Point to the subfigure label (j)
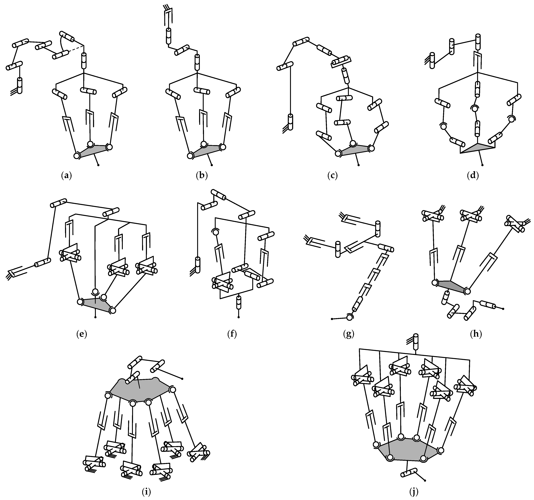[414, 492]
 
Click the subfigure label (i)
[146, 492]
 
